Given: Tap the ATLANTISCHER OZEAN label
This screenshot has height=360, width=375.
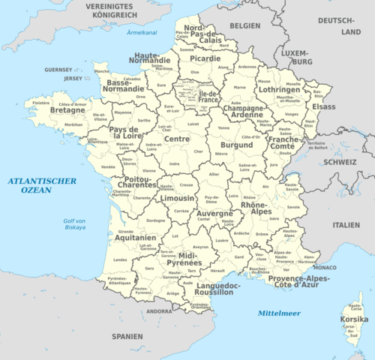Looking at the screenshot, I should coord(41,185).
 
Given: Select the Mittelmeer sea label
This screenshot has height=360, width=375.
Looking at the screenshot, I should coord(277,312).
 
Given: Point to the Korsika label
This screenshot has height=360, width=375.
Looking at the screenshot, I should coord(354,319).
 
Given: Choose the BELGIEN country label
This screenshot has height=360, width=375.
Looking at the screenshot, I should coord(244,25).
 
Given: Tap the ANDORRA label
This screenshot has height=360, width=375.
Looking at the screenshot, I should coord(160,310).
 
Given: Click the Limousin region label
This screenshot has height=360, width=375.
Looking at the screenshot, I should coord(178,198).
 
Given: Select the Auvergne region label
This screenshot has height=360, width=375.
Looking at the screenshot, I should coord(214,213).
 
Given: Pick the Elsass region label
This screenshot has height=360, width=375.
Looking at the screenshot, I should coord(323,107).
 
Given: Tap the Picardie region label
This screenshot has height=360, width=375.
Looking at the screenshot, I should coord(205,58).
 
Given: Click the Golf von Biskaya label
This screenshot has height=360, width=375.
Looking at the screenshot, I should coord(75,225).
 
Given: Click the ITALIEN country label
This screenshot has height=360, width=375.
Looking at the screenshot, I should coord(346,224).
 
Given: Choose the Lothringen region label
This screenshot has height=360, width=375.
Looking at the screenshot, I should coord(278,89).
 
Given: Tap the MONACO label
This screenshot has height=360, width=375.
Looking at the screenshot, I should coord(325,267).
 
